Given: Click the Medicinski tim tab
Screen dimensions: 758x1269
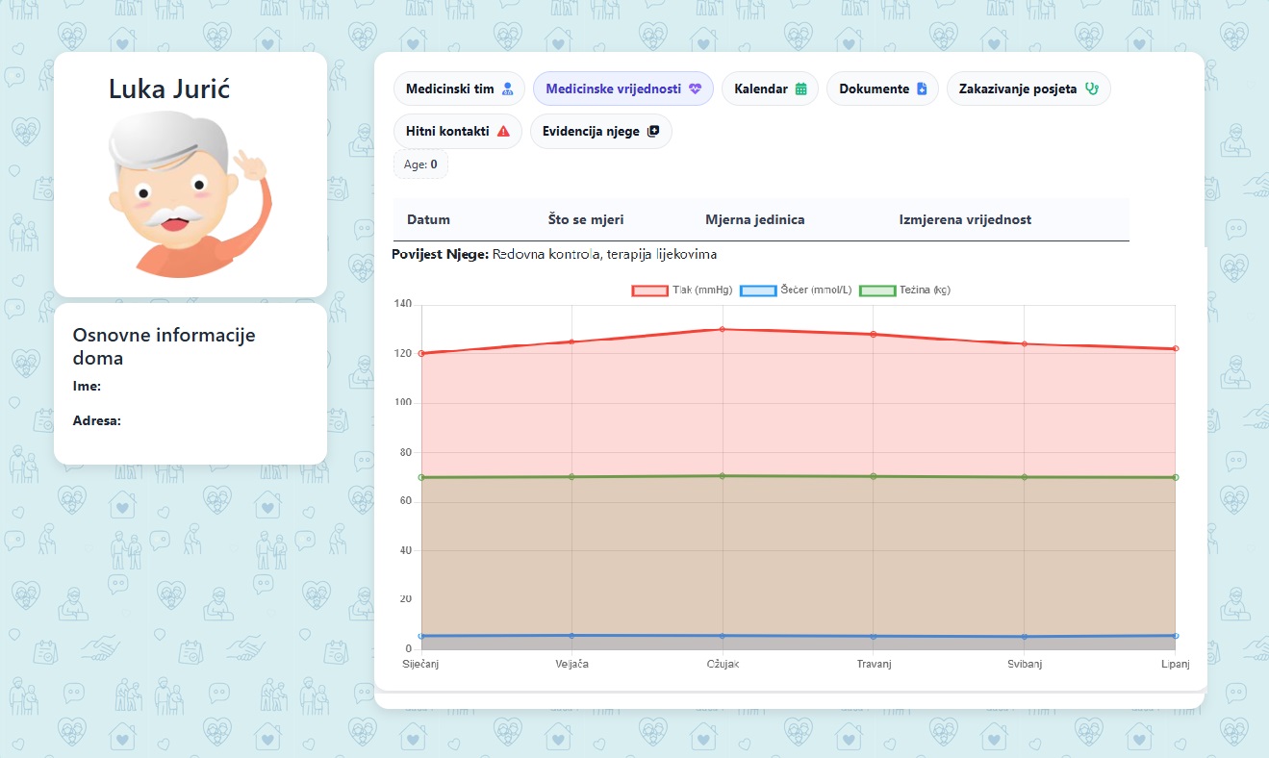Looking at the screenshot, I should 459,88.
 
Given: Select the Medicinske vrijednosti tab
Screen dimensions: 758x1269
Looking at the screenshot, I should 622,88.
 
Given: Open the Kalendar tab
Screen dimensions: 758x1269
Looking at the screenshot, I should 770,88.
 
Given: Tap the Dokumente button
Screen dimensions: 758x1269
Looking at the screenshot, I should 882,88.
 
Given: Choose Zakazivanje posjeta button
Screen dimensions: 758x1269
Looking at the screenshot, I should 1028,88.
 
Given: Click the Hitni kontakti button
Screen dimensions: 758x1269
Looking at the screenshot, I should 458,131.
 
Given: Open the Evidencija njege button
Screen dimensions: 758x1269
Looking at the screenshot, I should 600,131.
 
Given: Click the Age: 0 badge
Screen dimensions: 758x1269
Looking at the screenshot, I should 420,164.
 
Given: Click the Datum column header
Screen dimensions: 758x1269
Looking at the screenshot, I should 428,219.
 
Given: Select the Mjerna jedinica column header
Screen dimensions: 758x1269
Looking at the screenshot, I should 754,219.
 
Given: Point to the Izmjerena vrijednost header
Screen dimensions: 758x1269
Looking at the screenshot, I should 965,219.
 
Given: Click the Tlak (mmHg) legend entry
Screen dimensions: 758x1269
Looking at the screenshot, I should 681,290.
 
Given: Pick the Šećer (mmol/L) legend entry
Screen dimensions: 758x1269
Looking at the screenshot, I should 795,290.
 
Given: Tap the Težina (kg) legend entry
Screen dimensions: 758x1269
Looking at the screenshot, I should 903,290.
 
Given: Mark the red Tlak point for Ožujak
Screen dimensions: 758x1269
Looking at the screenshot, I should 723,329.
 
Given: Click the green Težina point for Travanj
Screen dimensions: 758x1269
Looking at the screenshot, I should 874,476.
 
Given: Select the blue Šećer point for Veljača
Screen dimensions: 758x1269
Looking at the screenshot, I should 572,635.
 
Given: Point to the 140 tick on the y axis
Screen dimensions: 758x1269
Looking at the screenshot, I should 403,304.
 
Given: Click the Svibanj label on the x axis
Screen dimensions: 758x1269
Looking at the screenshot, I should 1025,665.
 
